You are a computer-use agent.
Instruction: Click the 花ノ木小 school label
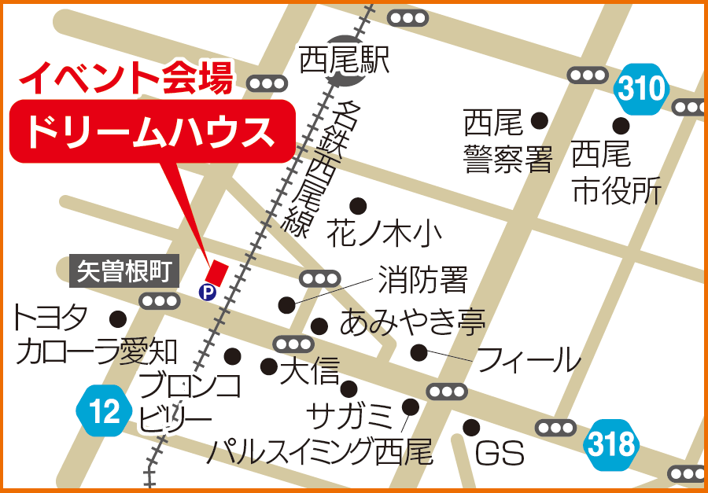(x=385, y=233)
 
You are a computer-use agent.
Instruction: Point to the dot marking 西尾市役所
(x=621, y=125)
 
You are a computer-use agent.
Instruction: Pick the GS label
(x=500, y=454)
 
